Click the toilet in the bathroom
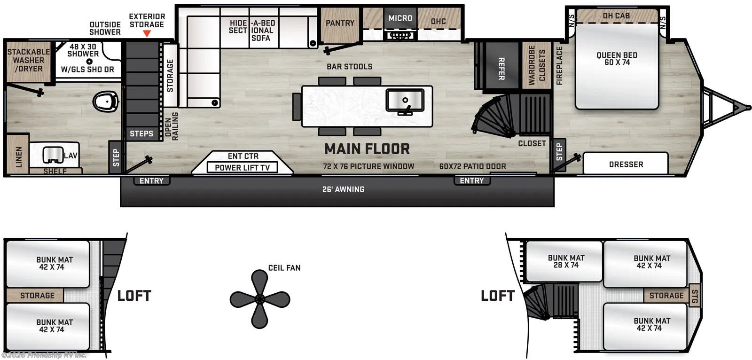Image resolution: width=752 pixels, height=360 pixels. tap(106, 101)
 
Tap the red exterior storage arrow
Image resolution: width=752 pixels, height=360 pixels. tap(147, 34)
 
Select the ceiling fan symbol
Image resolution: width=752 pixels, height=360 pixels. tap(259, 299)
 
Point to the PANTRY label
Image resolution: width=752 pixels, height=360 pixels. tap(340, 23)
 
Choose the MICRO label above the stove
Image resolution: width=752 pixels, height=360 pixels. tap(400, 18)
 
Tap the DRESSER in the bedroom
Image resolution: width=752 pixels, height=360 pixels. tap(626, 164)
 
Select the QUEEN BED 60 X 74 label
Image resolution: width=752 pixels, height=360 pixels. tap(617, 59)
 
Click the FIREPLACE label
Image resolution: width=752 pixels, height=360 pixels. tap(559, 65)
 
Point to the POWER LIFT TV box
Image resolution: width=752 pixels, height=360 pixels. tap(242, 167)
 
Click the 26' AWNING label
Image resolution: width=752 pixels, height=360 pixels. tap(343, 189)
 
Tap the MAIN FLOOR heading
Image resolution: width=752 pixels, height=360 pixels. tap(367, 149)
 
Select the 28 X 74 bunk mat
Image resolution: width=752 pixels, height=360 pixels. tap(566, 261)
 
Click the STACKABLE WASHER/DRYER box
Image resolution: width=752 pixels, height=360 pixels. tap(28, 61)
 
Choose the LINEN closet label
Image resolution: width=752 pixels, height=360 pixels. tap(18, 157)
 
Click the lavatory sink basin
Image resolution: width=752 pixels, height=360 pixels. tap(52, 155)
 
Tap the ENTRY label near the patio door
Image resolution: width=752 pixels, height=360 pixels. tap(471, 181)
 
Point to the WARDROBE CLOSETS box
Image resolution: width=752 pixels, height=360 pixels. tap(536, 65)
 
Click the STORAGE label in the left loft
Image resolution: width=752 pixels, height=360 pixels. tap(37, 296)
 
